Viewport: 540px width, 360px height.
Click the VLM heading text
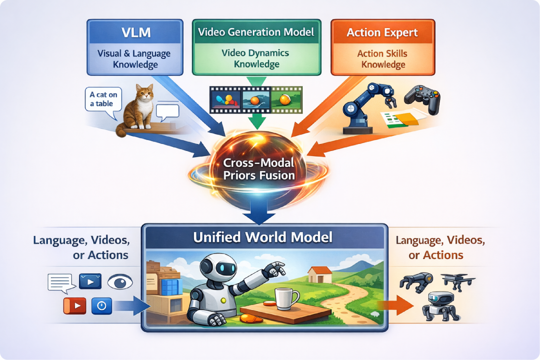[x=136, y=32]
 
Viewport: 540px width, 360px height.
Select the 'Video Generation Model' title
[x=256, y=32]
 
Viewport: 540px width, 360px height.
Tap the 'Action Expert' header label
[x=382, y=32]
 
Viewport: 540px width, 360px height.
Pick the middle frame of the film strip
[x=256, y=100]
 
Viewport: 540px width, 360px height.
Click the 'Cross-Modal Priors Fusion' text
[x=259, y=169]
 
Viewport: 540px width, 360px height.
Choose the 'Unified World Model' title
[x=263, y=237]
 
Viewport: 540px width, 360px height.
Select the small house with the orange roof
[x=320, y=274]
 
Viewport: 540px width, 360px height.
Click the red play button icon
[x=74, y=305]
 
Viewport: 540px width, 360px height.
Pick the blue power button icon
[x=101, y=305]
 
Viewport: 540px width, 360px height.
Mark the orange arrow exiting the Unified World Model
[x=396, y=305]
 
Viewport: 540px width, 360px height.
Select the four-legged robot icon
[x=441, y=306]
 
